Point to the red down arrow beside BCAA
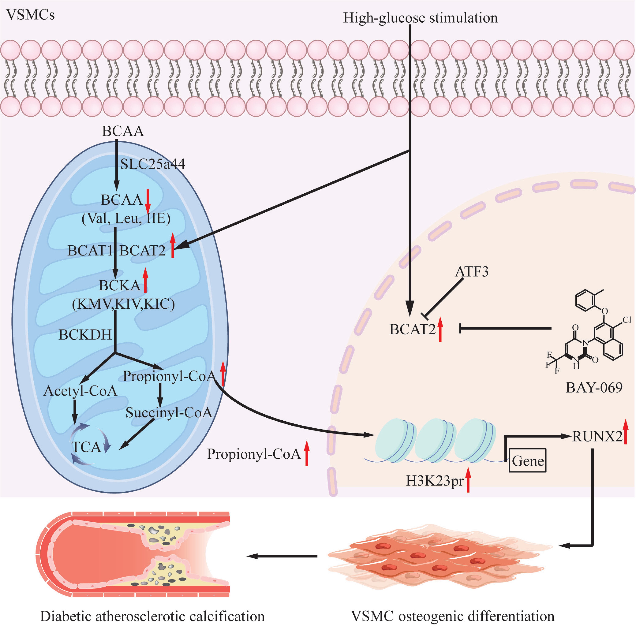pyautogui.click(x=148, y=201)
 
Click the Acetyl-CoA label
pyautogui.click(x=80, y=391)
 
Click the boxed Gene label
pyautogui.click(x=527, y=461)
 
